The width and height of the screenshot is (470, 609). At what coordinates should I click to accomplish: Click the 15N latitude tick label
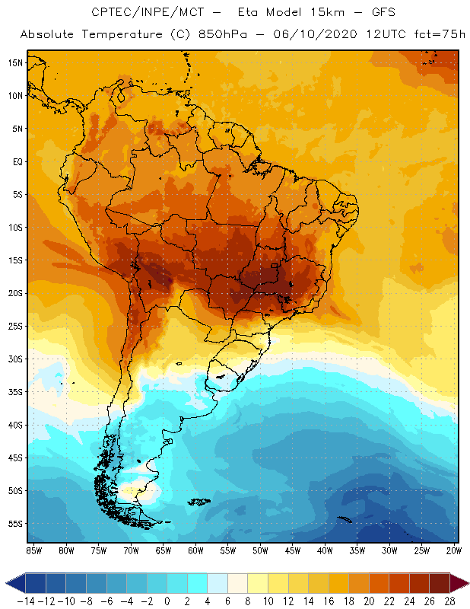coord(14,62)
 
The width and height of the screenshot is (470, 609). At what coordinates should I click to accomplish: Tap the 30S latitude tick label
coord(14,359)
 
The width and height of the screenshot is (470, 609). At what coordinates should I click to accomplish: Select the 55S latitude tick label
coord(14,524)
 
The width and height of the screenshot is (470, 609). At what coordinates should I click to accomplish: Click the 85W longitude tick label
coord(33,550)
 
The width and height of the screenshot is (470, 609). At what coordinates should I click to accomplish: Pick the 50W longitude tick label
coord(261,550)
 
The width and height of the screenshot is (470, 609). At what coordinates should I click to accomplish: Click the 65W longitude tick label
coord(164,550)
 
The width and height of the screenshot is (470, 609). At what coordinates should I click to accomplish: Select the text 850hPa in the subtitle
coord(242,34)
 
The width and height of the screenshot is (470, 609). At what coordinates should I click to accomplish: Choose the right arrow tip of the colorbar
coord(465,583)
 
